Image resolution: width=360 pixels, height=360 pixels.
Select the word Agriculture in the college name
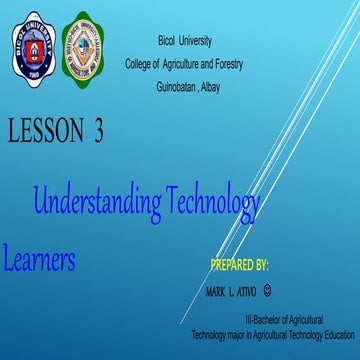(x=174, y=64)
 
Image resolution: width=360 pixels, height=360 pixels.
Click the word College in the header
(x=139, y=64)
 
